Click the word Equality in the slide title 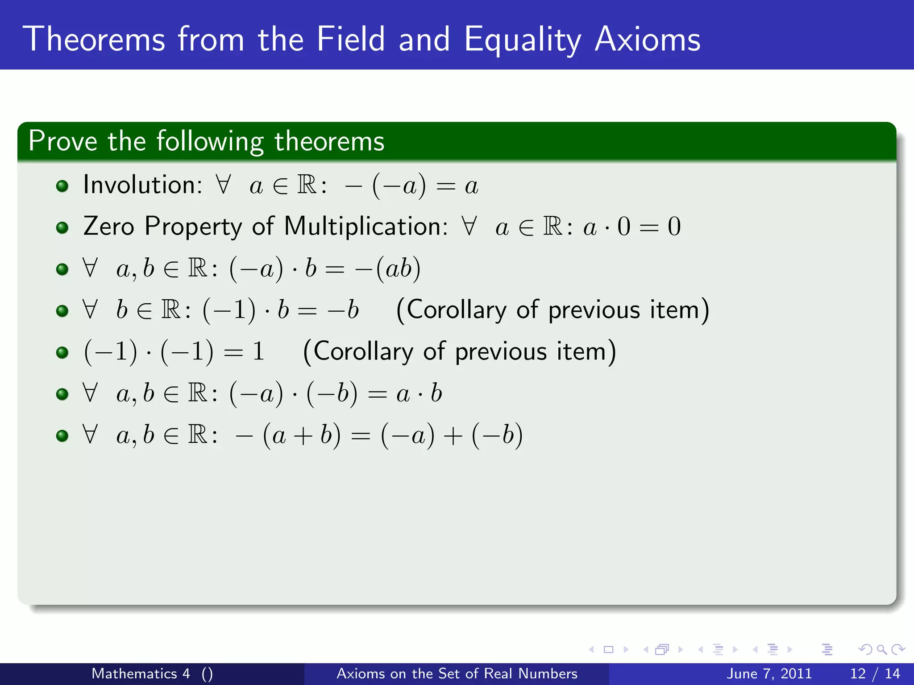(x=522, y=40)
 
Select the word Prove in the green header (x=62, y=141)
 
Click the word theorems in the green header (x=329, y=141)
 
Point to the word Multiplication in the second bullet (x=366, y=226)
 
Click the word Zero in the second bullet (x=108, y=226)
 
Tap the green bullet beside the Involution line (x=62, y=186)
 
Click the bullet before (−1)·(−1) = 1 (x=62, y=353)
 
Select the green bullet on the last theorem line (x=62, y=436)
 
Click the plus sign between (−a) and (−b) (x=453, y=436)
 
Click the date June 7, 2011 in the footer (x=769, y=673)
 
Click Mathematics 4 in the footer (x=141, y=673)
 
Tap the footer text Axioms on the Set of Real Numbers (x=457, y=673)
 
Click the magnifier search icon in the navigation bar (x=881, y=650)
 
